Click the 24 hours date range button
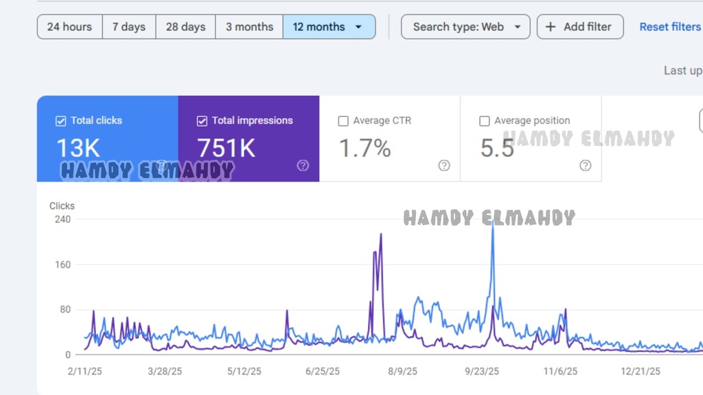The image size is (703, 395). tap(69, 27)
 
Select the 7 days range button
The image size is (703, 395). tap(129, 27)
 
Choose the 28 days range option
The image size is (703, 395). tap(185, 27)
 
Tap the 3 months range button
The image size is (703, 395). tap(249, 27)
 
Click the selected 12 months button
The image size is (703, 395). tap(328, 27)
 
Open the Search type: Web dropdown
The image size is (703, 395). tap(465, 27)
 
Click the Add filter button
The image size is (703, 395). tap(580, 27)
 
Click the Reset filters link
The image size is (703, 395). tap(670, 27)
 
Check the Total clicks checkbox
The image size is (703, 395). tap(60, 121)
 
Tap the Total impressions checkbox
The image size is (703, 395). tap(202, 121)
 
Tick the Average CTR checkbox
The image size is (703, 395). tap(343, 121)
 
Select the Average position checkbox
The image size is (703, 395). tap(485, 121)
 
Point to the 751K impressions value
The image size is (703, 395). tap(227, 148)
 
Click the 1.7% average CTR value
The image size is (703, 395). tap(365, 148)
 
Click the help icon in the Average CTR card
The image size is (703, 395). tap(444, 165)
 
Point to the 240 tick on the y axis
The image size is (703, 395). tap(62, 219)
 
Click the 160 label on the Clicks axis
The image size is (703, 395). tap(62, 265)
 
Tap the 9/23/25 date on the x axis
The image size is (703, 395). tap(483, 372)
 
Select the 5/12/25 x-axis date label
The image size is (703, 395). tap(244, 372)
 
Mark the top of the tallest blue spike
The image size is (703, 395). tap(493, 222)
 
